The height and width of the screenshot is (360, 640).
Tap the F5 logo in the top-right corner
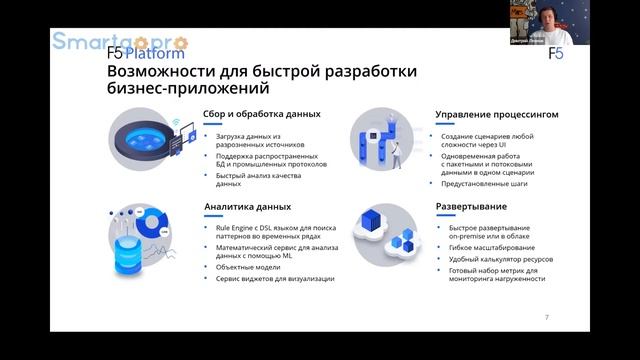[556, 53]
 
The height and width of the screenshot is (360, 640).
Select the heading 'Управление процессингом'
[496, 115]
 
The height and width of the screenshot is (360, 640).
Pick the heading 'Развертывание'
[468, 207]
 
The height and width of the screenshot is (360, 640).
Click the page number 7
[546, 317]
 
